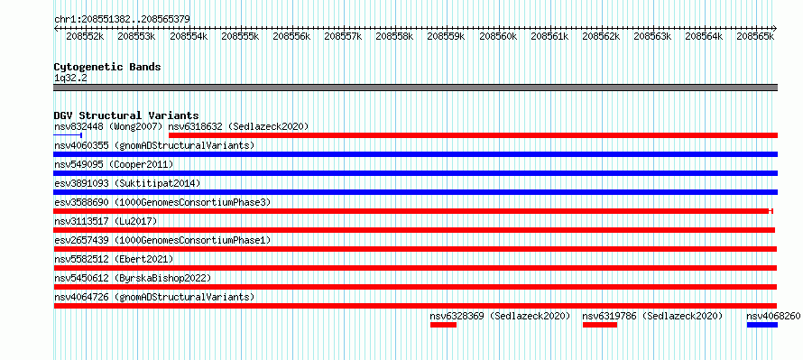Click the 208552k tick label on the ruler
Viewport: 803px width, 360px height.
86,36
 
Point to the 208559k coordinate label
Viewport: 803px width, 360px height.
446,36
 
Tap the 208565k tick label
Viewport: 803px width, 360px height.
755,36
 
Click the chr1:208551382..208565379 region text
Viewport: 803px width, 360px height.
122,20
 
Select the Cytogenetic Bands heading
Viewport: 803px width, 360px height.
107,67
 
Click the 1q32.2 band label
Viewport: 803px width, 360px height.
67,78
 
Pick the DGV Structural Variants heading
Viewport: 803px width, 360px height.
126,115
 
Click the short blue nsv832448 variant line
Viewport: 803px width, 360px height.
68,135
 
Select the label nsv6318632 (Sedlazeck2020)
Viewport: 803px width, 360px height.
239,126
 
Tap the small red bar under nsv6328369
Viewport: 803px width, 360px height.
443,325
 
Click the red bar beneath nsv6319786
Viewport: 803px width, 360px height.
600,325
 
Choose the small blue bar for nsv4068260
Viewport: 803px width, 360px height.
762,325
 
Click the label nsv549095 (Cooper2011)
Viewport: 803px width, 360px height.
114,164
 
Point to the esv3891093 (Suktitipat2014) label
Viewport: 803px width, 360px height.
127,183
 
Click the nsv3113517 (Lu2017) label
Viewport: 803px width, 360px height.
106,221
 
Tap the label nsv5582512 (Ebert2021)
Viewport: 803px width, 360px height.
114,259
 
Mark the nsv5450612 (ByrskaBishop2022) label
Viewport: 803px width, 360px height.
133,278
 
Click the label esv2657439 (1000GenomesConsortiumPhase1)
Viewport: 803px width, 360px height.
162,240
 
